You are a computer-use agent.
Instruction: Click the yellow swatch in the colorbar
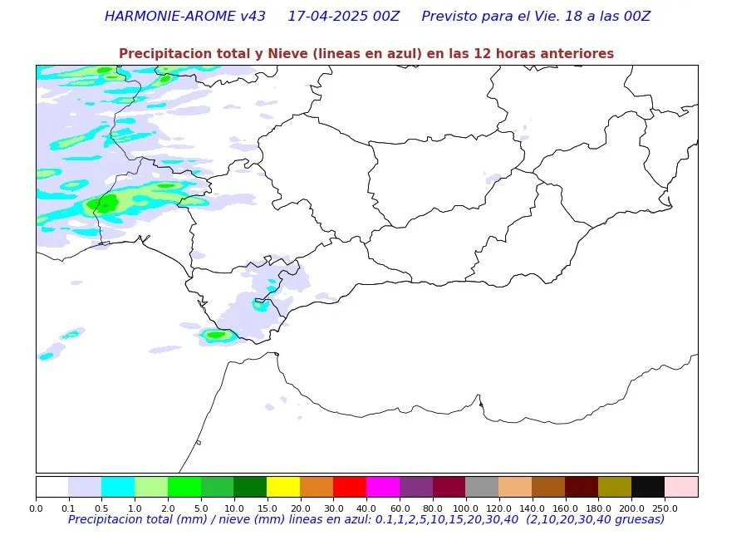click(x=283, y=486)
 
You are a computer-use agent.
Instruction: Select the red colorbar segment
click(x=350, y=486)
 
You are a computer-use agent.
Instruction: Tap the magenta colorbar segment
click(x=383, y=486)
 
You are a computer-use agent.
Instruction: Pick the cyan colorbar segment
click(x=118, y=486)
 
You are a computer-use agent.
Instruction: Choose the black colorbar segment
click(x=648, y=486)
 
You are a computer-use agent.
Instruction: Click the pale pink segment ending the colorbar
click(x=681, y=486)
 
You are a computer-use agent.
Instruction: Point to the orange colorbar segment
click(x=317, y=486)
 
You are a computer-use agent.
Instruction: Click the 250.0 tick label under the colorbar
click(x=665, y=507)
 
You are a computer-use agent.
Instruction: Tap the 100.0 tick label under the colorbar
click(x=466, y=507)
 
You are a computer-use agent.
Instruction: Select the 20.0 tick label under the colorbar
click(x=300, y=507)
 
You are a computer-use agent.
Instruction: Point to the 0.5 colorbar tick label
click(x=101, y=507)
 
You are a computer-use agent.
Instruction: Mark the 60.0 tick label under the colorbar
click(x=400, y=507)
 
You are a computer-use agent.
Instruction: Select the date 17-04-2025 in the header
click(x=328, y=17)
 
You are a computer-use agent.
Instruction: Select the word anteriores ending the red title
click(x=577, y=54)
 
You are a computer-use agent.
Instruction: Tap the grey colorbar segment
click(x=482, y=486)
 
